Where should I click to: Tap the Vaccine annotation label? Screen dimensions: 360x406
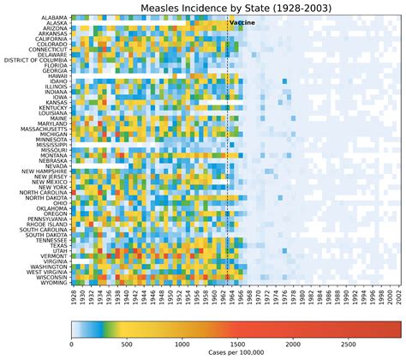coord(242,23)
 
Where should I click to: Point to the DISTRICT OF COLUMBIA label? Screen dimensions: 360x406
coord(34,60)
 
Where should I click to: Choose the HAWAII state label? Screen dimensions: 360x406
coord(55,75)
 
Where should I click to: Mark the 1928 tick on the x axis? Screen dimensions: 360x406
coord(74,297)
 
